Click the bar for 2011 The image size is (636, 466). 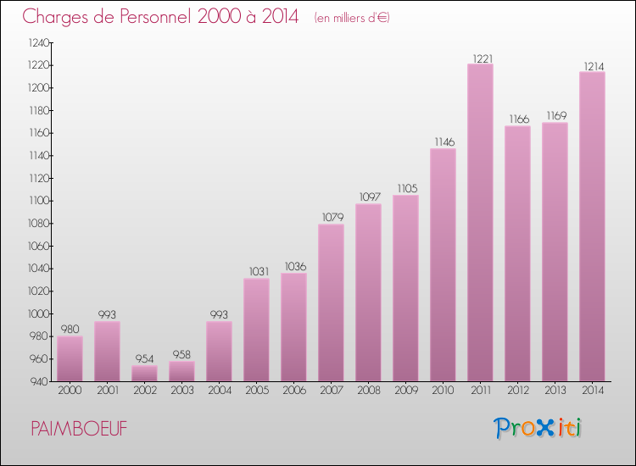pyautogui.click(x=480, y=222)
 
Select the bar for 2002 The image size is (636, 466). pyautogui.click(x=144, y=373)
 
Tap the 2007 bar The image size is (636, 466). pyautogui.click(x=331, y=302)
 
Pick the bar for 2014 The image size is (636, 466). pyautogui.click(x=592, y=226)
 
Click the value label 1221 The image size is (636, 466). pyautogui.click(x=480, y=58)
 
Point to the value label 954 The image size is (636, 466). pyautogui.click(x=144, y=359)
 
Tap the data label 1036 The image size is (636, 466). pyautogui.click(x=293, y=267)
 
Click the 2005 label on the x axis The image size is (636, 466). pyautogui.click(x=256, y=391)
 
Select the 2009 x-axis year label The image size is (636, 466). pyautogui.click(x=405, y=391)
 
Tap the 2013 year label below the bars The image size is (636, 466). pyautogui.click(x=555, y=391)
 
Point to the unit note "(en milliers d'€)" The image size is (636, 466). pyautogui.click(x=351, y=18)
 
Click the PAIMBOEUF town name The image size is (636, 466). pyautogui.click(x=80, y=429)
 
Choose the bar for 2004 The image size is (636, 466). pyautogui.click(x=219, y=351)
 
